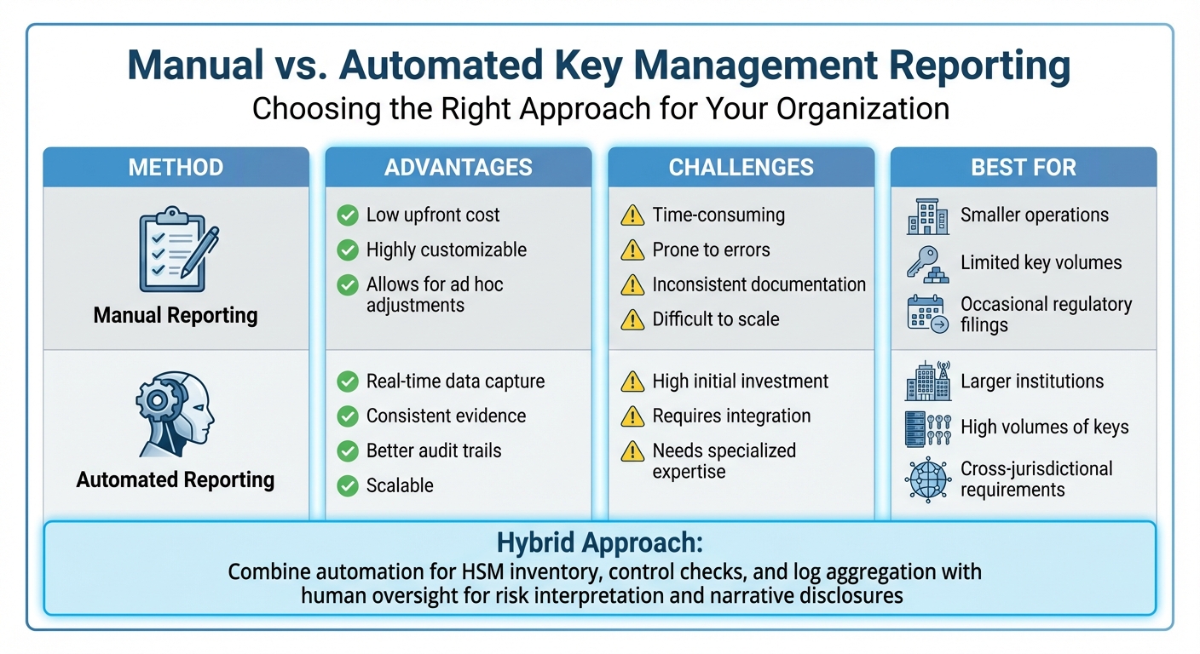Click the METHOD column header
pyautogui.click(x=176, y=167)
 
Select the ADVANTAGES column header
pyautogui.click(x=459, y=167)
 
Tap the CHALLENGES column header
pyautogui.click(x=741, y=167)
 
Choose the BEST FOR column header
pyautogui.click(x=1024, y=167)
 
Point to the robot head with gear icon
pyautogui.click(x=176, y=412)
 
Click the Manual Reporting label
pyautogui.click(x=176, y=316)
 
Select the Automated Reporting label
pyautogui.click(x=176, y=480)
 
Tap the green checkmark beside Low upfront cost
pyautogui.click(x=348, y=215)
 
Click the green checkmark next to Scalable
pyautogui.click(x=348, y=486)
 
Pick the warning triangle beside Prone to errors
pyautogui.click(x=632, y=250)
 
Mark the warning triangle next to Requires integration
pyautogui.click(x=632, y=416)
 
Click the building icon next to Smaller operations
pyautogui.click(x=927, y=216)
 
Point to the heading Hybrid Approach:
pyautogui.click(x=599, y=544)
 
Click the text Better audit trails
pyautogui.click(x=434, y=451)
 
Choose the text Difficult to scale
pyautogui.click(x=716, y=319)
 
